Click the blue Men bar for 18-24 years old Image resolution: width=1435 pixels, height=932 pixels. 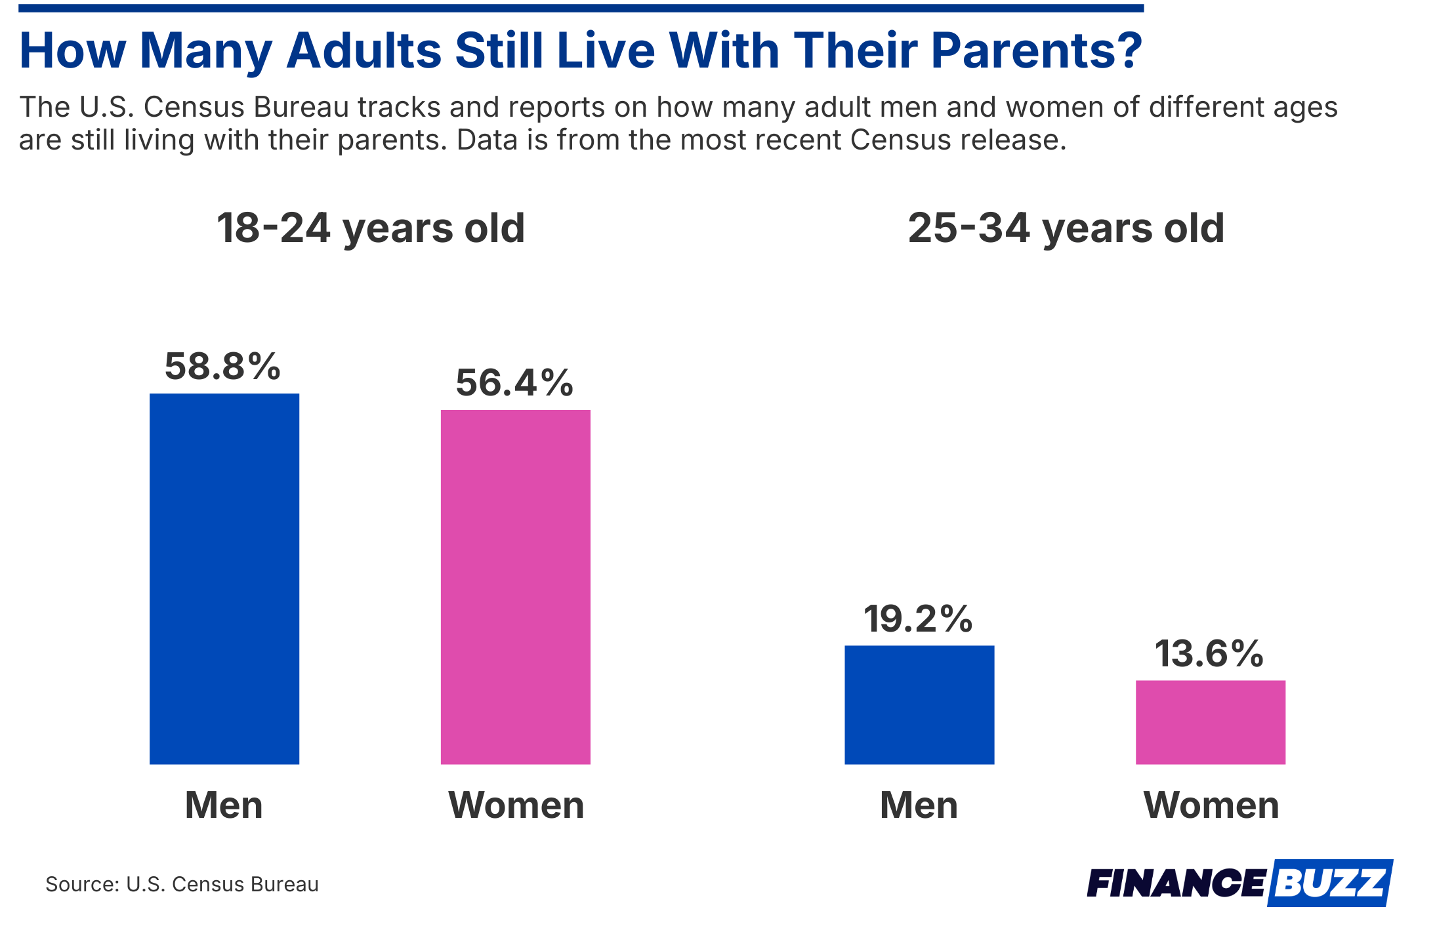(x=224, y=578)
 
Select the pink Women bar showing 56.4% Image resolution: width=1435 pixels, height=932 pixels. (x=515, y=587)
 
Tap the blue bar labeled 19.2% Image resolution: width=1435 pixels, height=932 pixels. (x=919, y=704)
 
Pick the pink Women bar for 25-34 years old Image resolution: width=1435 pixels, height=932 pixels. (x=1210, y=722)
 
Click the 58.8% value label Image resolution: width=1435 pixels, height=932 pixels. (x=222, y=366)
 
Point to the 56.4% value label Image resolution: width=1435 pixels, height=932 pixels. (x=514, y=382)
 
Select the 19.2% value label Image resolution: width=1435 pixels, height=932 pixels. (x=918, y=618)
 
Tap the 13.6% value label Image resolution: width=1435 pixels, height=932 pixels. (x=1209, y=654)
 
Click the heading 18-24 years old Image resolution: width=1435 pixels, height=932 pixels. (x=371, y=228)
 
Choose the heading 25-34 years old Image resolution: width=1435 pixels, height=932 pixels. (x=1066, y=228)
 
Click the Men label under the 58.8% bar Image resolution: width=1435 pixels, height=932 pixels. (x=224, y=805)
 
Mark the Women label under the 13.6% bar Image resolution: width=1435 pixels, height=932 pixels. (x=1211, y=805)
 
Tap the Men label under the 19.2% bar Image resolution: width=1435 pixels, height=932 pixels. (x=919, y=805)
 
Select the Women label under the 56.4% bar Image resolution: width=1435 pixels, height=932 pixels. (x=516, y=805)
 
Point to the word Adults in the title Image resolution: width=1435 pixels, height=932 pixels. (x=364, y=51)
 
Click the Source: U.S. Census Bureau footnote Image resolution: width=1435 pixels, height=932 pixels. (x=182, y=884)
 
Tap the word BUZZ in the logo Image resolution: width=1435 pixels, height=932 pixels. (x=1332, y=883)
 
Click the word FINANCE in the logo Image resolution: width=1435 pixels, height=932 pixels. (x=1175, y=883)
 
